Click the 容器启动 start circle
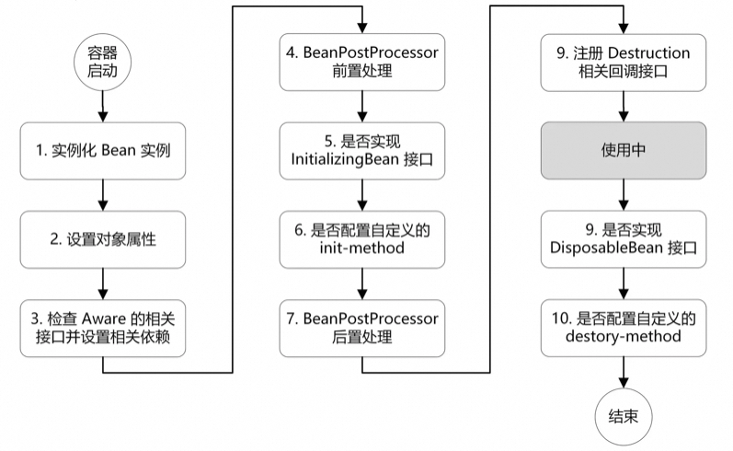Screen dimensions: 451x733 pyautogui.click(x=102, y=60)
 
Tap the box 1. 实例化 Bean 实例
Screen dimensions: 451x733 pyautogui.click(x=102, y=149)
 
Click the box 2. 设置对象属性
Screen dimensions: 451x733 pyautogui.click(x=102, y=238)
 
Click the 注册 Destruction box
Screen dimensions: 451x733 pyautogui.click(x=624, y=62)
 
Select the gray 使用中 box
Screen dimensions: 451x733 pyautogui.click(x=624, y=149)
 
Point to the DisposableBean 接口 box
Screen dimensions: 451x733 pyautogui.click(x=624, y=238)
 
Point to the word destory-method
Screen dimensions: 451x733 pyautogui.click(x=624, y=338)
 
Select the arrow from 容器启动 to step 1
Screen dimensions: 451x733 pyautogui.click(x=102, y=104)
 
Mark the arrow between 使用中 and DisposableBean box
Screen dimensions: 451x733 pyautogui.click(x=624, y=193)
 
